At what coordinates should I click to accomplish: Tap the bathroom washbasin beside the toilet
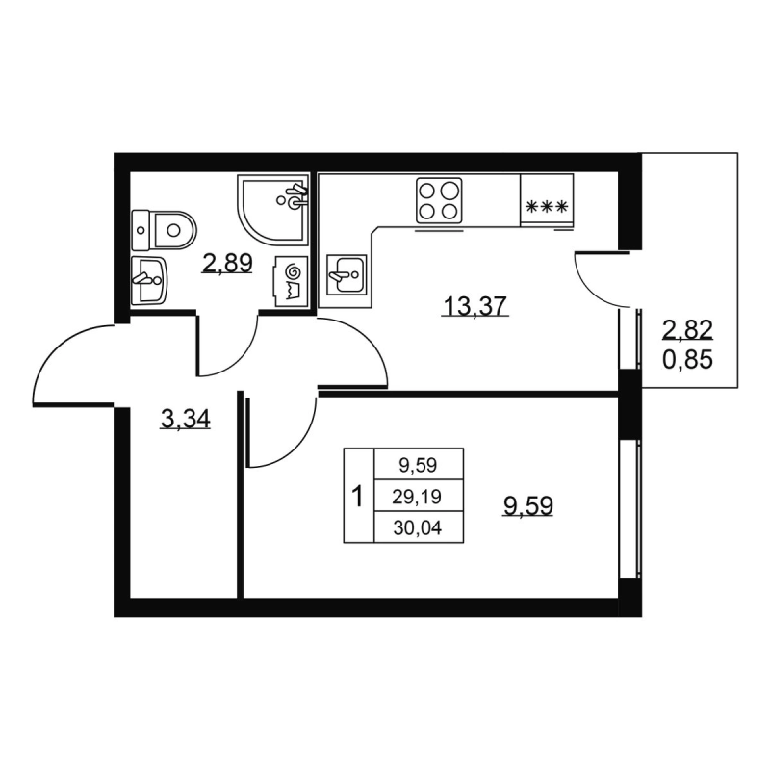(x=149, y=280)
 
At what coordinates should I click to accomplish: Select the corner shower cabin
(x=273, y=210)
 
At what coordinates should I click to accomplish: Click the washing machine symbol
(x=292, y=281)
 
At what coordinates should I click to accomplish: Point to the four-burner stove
(x=439, y=201)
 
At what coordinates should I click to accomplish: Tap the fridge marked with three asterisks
(x=547, y=200)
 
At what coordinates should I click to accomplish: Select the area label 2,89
(x=227, y=264)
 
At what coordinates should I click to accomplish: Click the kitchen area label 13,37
(x=475, y=307)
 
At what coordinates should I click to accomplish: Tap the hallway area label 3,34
(x=185, y=419)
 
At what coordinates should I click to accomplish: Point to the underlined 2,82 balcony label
(x=687, y=330)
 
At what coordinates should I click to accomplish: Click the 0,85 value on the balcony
(x=687, y=361)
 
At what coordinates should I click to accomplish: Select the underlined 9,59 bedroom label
(x=527, y=505)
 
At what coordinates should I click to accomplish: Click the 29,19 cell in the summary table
(x=417, y=497)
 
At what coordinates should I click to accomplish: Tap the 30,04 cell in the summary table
(x=418, y=527)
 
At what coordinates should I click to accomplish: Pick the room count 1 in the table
(x=358, y=496)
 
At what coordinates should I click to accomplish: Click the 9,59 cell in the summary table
(x=418, y=465)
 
